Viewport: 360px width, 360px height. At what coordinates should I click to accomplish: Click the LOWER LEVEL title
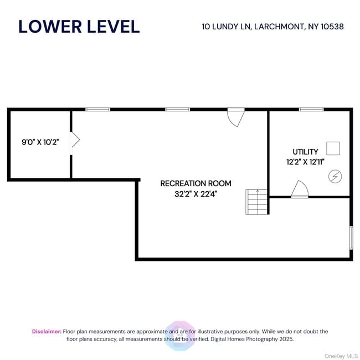tap(79, 26)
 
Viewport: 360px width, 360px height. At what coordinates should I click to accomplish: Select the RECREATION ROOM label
tap(196, 183)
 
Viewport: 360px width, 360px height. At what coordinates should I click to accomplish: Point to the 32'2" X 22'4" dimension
tap(196, 194)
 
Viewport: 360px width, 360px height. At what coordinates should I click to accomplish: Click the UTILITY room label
tap(305, 152)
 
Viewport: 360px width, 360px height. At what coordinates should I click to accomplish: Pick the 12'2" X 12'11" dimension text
tap(305, 162)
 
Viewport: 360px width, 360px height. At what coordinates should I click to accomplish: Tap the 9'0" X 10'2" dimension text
tap(40, 142)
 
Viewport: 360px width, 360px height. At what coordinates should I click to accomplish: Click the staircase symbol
tap(257, 202)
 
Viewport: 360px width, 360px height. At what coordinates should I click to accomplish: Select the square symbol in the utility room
tap(333, 148)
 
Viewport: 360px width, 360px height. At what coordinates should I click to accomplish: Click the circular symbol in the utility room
tap(335, 176)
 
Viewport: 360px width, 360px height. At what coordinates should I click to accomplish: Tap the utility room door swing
tap(300, 189)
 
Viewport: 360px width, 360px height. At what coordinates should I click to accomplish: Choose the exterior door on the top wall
tap(236, 116)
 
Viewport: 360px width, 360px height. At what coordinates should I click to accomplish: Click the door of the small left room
tap(75, 140)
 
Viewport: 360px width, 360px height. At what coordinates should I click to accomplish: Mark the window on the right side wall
tap(351, 237)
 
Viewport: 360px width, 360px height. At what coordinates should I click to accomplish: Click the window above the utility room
tap(311, 110)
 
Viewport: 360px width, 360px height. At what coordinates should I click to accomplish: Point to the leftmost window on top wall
tap(97, 110)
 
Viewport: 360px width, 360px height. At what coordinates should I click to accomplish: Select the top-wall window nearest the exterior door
tap(177, 110)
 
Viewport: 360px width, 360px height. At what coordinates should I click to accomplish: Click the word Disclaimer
tap(47, 332)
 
